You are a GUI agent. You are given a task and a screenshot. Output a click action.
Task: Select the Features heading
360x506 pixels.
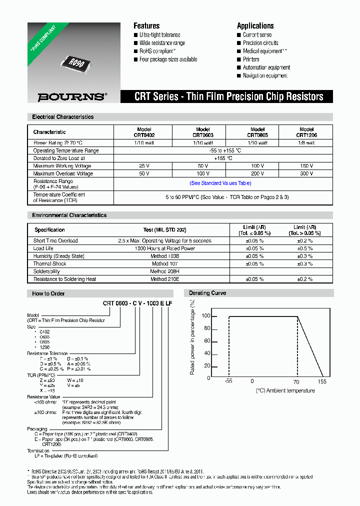(146, 26)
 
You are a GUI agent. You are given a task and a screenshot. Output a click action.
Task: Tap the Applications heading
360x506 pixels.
(255, 26)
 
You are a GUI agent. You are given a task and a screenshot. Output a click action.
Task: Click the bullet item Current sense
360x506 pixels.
(257, 35)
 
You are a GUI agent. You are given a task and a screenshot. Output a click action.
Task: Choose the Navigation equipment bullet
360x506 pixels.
(265, 75)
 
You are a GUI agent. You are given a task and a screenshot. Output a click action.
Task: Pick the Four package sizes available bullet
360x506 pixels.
(168, 59)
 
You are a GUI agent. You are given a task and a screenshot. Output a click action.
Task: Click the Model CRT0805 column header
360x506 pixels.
(257, 132)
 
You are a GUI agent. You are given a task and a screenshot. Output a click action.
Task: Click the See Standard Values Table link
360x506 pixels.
(220, 183)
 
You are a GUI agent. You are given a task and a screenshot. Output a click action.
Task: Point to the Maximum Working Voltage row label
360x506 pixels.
(62, 166)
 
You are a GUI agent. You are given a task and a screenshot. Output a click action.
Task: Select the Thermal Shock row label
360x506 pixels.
(50, 263)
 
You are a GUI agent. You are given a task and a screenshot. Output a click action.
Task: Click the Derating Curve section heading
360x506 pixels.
(207, 293)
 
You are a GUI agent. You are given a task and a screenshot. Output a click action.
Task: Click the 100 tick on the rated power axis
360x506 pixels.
(205, 316)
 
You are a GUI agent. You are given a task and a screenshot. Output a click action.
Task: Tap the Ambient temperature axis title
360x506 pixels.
(285, 390)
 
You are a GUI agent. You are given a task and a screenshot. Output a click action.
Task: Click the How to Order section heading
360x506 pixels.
(48, 293)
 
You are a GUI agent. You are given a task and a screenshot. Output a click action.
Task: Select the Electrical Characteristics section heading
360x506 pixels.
(63, 117)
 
